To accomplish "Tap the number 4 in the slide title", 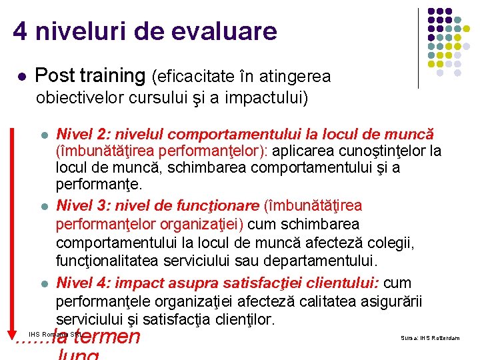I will click(20, 31).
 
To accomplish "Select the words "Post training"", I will click(90, 76).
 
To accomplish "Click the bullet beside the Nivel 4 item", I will click(44, 284).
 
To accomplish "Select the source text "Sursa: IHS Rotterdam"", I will click(430, 338).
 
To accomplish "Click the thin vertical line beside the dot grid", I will click(418, 48).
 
